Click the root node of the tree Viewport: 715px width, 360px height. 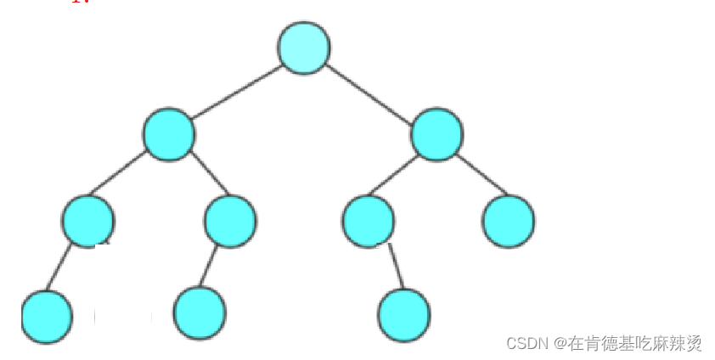click(x=304, y=48)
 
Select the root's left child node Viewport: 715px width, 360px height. click(x=169, y=134)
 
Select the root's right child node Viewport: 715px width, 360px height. click(x=436, y=134)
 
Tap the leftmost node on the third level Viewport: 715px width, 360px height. click(x=87, y=221)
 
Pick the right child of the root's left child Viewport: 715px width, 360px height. click(x=230, y=221)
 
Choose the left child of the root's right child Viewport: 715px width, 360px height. click(x=369, y=221)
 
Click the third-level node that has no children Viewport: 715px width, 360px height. click(x=508, y=221)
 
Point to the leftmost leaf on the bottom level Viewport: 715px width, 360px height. click(x=48, y=317)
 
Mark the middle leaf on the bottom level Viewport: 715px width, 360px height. click(x=200, y=313)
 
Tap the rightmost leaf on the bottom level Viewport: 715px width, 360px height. click(x=405, y=315)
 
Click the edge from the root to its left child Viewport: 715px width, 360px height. click(x=236, y=92)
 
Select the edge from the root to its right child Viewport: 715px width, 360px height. click(x=370, y=92)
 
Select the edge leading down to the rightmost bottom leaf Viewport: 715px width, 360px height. click(x=395, y=266)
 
